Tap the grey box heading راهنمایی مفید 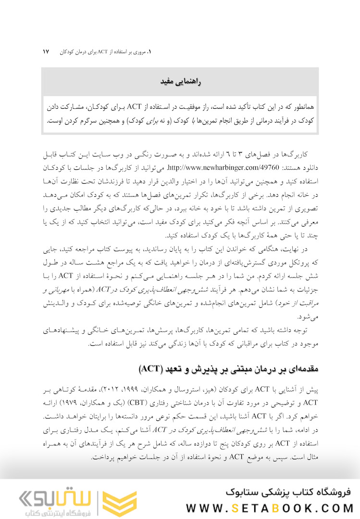(x=180, y=82)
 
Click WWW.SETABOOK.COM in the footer (x=270, y=508)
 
